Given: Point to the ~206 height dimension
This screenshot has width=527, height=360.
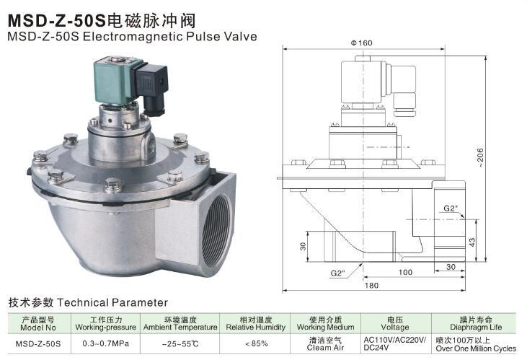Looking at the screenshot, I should pos(500,155).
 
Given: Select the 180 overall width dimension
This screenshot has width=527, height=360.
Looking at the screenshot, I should pos(371,286).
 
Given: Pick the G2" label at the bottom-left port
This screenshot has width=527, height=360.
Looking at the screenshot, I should pos(337,273).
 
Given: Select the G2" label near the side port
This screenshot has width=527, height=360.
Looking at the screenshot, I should pos(451,208).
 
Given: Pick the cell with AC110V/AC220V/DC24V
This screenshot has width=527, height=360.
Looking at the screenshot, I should pos(394,343).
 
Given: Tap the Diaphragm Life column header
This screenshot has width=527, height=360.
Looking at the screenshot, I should pos(475,322).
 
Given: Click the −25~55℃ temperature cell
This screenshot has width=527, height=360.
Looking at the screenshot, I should pos(180,343).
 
